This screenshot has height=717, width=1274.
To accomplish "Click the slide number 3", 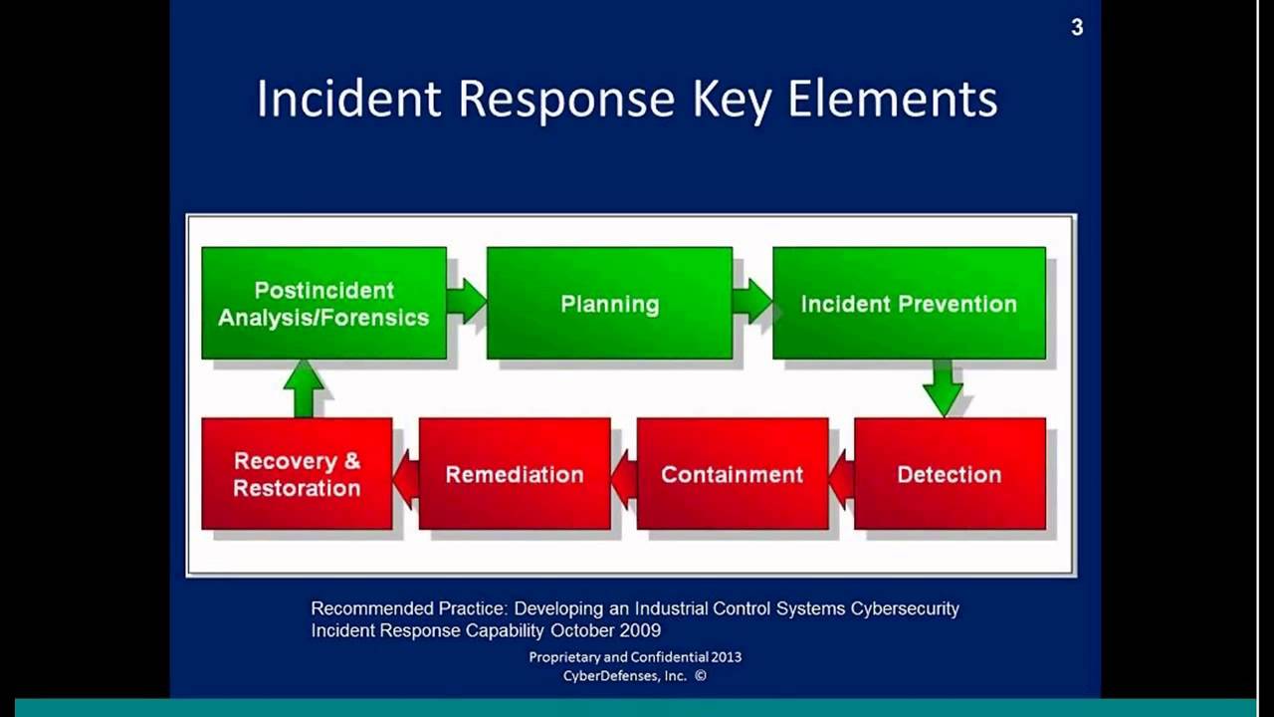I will (x=1077, y=28).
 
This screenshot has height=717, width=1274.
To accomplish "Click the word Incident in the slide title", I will (x=348, y=100).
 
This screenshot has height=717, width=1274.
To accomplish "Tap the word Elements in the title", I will (x=892, y=100).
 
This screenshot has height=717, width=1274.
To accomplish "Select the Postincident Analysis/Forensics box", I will (x=323, y=304).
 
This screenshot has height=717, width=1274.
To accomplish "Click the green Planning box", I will (x=609, y=304).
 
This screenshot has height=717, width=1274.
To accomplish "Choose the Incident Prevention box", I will (x=909, y=304).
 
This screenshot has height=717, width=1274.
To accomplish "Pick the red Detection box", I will (x=950, y=474).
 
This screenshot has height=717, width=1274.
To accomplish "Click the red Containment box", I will (x=732, y=474).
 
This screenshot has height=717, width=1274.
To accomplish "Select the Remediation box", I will (x=515, y=474).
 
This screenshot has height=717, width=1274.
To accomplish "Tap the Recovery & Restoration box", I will (x=297, y=474).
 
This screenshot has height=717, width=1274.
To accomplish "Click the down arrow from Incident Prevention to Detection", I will (x=942, y=387).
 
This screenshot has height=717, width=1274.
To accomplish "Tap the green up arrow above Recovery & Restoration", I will (x=304, y=387).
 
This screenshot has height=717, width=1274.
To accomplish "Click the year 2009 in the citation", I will (x=641, y=630).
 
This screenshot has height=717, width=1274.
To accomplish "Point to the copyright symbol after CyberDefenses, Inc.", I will (x=701, y=675).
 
